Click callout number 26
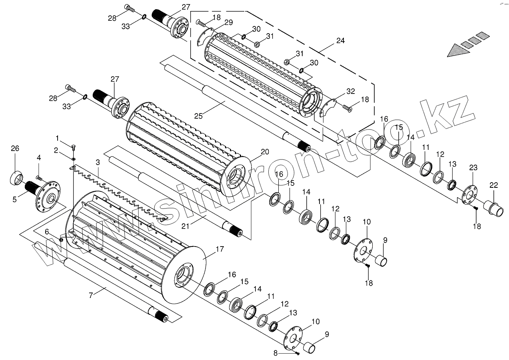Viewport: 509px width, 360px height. [15, 149]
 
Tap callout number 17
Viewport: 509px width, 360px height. [220, 249]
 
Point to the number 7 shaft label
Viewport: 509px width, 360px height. [91, 295]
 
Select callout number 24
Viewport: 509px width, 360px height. [340, 41]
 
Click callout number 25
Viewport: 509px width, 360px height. [199, 115]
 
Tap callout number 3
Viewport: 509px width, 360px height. [97, 162]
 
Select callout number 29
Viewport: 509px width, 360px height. [228, 22]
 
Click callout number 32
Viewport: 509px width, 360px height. [350, 91]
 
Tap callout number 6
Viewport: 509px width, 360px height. [47, 232]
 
